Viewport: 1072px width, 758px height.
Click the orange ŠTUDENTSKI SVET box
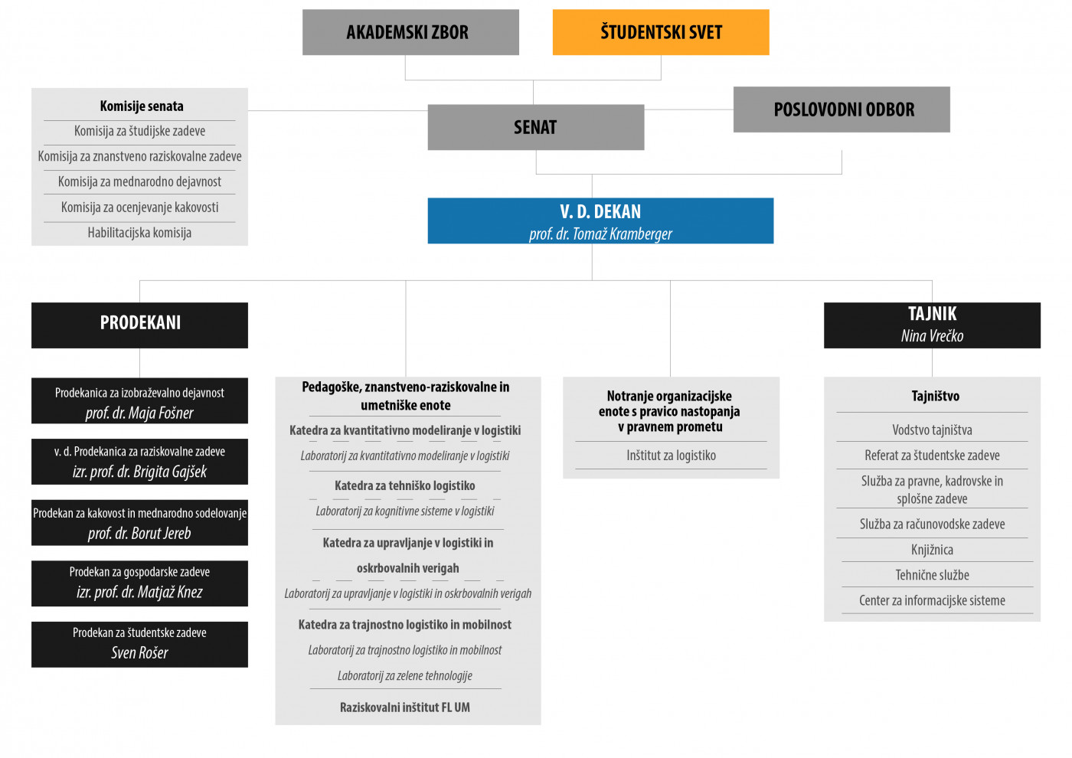[x=661, y=32]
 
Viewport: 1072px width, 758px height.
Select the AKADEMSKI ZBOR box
[x=410, y=32]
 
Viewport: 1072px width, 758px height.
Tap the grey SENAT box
[x=536, y=127]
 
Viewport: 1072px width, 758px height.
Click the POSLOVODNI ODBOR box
[x=842, y=109]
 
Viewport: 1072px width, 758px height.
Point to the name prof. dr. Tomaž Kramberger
[x=600, y=234]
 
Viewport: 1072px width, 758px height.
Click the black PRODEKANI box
[x=139, y=325]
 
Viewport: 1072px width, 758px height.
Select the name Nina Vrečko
[x=933, y=336]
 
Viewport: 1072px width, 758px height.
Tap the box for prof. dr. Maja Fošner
[x=139, y=401]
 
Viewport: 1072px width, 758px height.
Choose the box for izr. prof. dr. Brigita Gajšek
[x=139, y=462]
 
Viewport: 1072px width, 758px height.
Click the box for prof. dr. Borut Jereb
[x=139, y=523]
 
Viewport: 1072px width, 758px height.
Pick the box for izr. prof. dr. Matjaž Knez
[x=139, y=583]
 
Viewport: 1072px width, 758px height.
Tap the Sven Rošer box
[x=139, y=645]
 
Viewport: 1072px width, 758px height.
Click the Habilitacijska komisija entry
[x=139, y=233]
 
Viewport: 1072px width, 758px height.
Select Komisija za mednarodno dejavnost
[x=139, y=182]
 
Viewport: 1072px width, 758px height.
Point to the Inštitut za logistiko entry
[x=671, y=456]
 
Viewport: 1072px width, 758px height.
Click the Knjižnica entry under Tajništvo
[x=933, y=550]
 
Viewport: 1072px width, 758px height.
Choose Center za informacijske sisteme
[x=933, y=600]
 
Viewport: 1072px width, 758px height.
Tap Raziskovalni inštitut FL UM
[x=405, y=707]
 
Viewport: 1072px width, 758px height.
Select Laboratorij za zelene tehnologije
[x=405, y=675]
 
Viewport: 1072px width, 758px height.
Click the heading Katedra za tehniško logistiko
[x=405, y=485]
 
